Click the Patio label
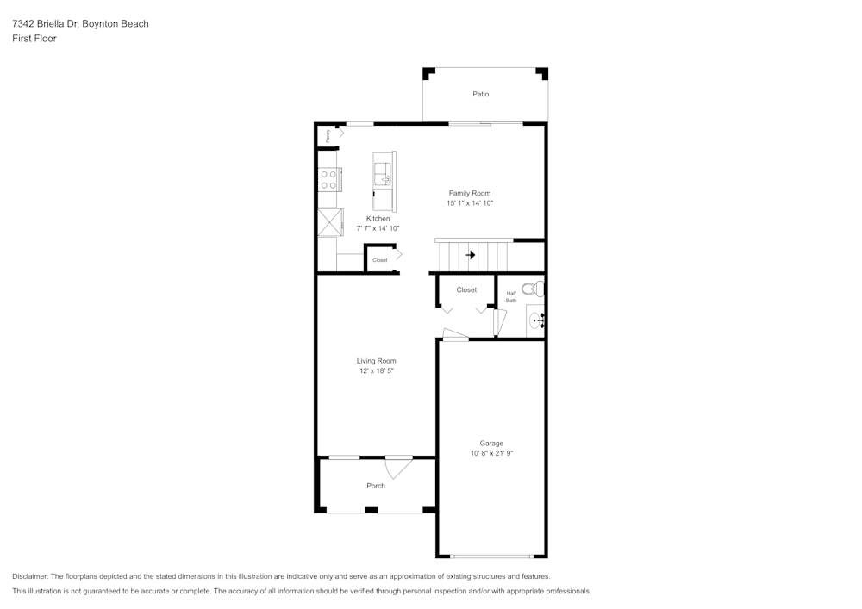(480, 94)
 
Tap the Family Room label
(469, 193)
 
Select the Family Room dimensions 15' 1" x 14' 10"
(469, 203)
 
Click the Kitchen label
(378, 219)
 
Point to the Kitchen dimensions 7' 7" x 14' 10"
(378, 228)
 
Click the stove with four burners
(329, 179)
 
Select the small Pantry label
(328, 136)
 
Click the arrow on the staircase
(470, 255)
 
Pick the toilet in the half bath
(534, 289)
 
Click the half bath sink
(536, 320)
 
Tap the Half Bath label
(511, 296)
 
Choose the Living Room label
(377, 361)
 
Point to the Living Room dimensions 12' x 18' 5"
(377, 371)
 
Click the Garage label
(491, 444)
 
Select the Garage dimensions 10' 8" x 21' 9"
(491, 453)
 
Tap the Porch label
(376, 486)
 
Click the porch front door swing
(397, 468)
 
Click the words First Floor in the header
(34, 39)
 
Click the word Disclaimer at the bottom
(30, 576)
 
